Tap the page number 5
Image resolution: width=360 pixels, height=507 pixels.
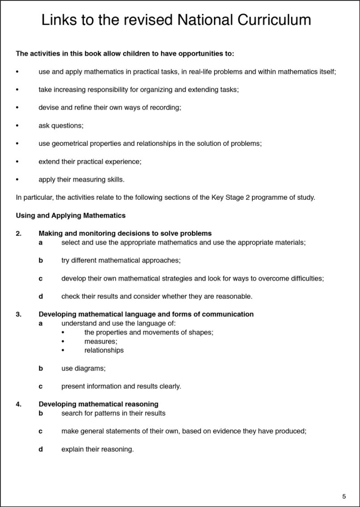pos(344,496)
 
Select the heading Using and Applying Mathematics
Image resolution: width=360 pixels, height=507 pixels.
pos(71,215)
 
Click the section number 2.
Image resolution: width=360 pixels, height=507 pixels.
pos(18,233)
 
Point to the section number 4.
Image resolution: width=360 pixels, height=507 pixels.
pos(18,404)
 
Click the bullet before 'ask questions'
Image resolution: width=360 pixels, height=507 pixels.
pos(17,126)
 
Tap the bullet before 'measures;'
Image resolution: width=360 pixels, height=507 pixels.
pos(63,341)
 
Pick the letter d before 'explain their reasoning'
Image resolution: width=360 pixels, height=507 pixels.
pos(41,449)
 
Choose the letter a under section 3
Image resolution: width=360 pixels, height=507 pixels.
pos(41,323)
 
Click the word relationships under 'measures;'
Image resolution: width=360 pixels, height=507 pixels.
pos(104,350)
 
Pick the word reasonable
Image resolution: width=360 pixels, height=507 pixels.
pos(233,296)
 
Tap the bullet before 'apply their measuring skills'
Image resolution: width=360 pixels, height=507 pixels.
pos(17,180)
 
